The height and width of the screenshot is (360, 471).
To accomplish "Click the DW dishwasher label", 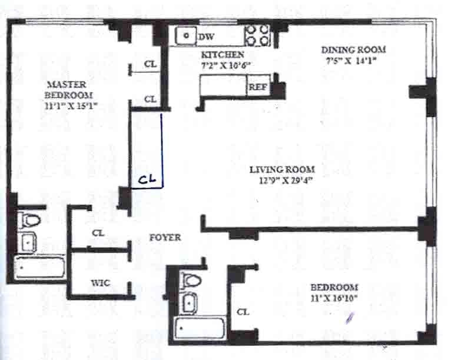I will (206, 37).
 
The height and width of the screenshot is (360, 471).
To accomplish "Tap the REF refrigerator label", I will (257, 87).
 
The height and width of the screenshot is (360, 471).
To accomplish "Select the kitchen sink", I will (185, 36).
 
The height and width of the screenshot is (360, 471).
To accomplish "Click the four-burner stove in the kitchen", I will (257, 35).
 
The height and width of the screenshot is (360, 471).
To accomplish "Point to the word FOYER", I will (165, 238).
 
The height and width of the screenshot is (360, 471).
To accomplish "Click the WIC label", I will (99, 283).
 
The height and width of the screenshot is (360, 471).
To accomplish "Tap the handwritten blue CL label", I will (147, 181).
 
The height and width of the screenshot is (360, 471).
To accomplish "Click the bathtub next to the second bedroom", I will (200, 326).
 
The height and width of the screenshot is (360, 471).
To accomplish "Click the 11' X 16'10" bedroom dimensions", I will (334, 298).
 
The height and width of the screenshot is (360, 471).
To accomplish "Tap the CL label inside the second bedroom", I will (243, 312).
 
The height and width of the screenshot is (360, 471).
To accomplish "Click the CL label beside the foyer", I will (98, 233).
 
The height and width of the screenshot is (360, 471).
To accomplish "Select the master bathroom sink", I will (28, 240).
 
